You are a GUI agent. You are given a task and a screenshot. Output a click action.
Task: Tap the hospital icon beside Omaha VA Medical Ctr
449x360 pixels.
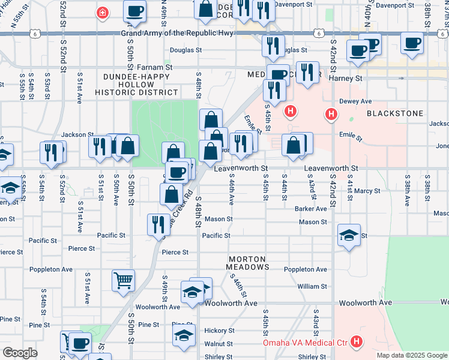click(x=357, y=343)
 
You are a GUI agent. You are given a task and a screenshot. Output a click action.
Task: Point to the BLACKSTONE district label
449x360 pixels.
click(x=394, y=113)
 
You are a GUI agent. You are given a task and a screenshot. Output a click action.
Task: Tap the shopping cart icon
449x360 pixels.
click(x=123, y=280)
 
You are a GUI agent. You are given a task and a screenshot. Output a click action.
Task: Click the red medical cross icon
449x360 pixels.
click(x=103, y=12)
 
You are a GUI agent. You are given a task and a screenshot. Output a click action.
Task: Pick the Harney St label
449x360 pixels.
click(x=349, y=78)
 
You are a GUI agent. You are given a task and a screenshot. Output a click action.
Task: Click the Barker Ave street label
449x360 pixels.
click(x=310, y=209)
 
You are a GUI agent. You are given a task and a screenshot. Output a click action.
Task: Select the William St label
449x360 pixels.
click(x=312, y=287)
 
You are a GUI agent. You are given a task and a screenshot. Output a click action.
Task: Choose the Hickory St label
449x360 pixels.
click(x=218, y=331)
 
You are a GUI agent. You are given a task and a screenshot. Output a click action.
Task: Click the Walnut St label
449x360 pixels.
click(x=218, y=344)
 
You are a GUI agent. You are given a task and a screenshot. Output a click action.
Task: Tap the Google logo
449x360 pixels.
click(x=20, y=353)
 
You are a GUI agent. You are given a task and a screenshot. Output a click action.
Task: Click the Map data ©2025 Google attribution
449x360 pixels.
click(x=411, y=355)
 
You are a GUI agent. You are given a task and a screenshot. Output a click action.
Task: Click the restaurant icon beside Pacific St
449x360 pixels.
click(x=158, y=224)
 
